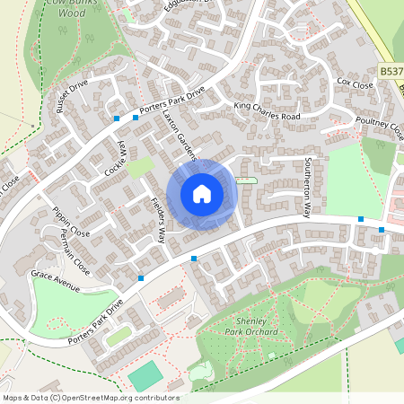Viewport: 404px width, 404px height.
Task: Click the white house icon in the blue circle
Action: pos(202,193)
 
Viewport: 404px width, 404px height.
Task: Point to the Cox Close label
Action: pos(355,83)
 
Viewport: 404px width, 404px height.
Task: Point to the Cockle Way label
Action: pos(115,158)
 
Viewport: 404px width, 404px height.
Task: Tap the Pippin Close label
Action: pos(71,225)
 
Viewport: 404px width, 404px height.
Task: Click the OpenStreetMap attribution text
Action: pos(90,398)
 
